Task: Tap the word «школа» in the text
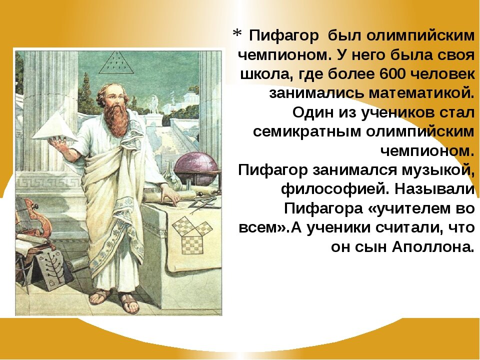coord(262,74)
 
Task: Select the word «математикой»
coord(422,93)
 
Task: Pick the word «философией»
coord(335,189)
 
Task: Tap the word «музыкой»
coord(438,170)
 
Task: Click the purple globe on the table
coord(195,168)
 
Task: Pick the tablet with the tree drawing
coord(51,269)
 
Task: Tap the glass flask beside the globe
coord(171,175)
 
